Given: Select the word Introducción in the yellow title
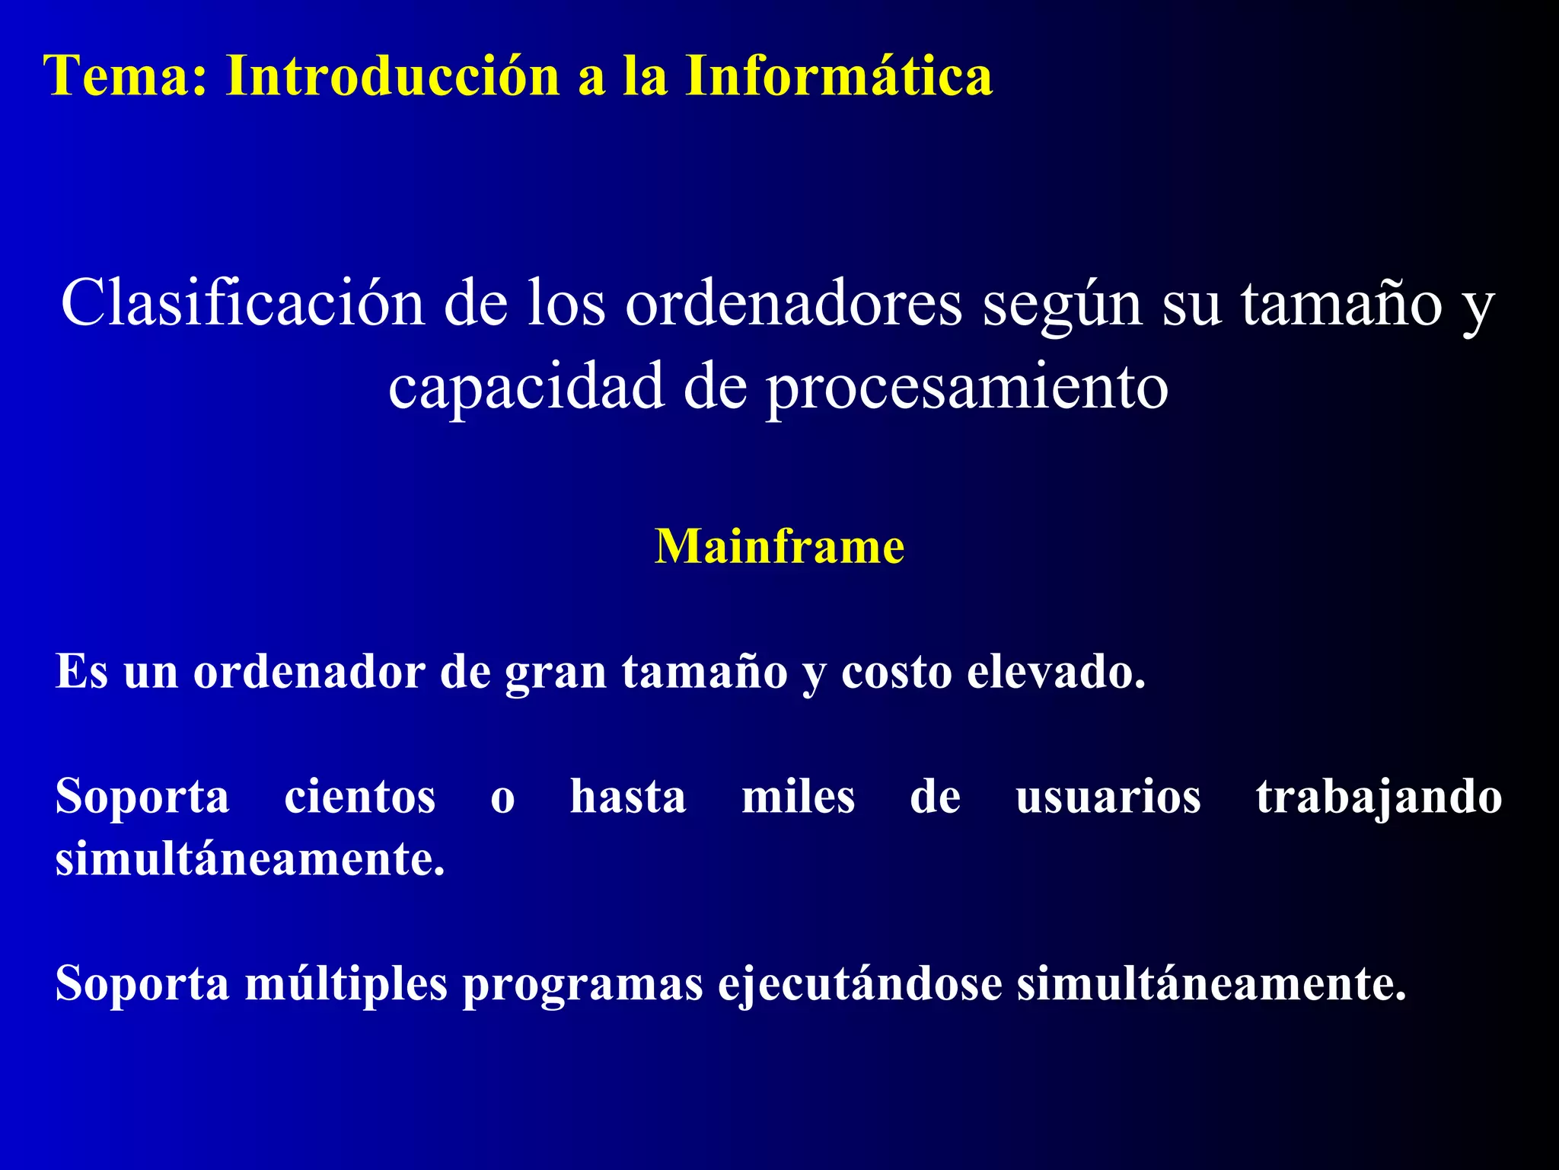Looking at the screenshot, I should tap(393, 76).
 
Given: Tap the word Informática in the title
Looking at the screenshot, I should tap(838, 76).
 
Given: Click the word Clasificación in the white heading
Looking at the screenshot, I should tap(243, 303).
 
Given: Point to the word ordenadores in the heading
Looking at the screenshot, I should tap(794, 303).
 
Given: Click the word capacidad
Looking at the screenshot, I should tap(526, 387).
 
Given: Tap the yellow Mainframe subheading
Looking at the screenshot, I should tap(779, 547).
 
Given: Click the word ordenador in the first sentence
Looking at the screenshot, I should tap(309, 672).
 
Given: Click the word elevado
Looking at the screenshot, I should tap(1056, 672).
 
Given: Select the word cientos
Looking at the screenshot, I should tap(359, 797).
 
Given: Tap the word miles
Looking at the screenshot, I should tap(798, 797).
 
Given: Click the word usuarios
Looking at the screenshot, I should tap(1108, 797).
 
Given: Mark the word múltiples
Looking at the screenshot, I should tap(346, 984).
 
